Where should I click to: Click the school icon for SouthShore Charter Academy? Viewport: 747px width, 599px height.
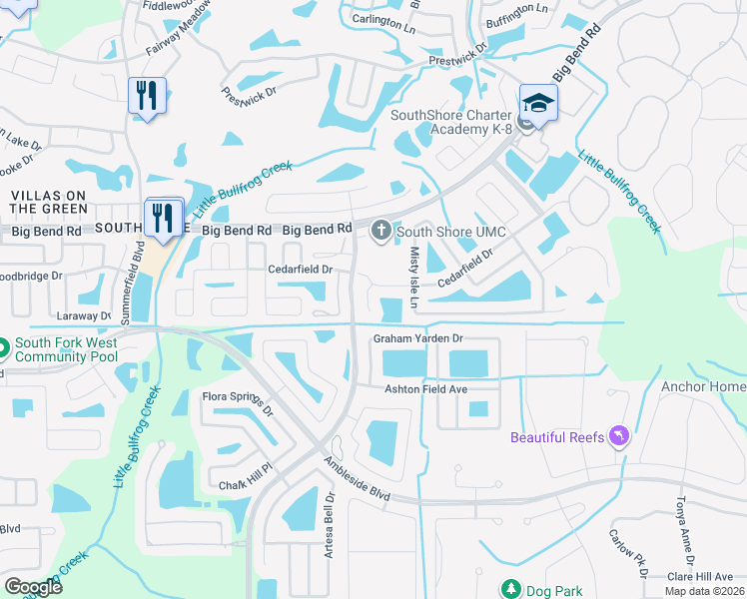[x=538, y=103]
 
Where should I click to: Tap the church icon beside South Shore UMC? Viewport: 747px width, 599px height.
[x=379, y=233]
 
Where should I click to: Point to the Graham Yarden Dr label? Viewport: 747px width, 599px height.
[x=419, y=338]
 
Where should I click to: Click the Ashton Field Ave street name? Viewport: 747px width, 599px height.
[x=426, y=388]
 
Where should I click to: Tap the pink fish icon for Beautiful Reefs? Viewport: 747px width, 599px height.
[x=620, y=437]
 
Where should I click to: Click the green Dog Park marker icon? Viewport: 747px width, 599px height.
[x=511, y=589]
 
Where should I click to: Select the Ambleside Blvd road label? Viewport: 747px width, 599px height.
[x=356, y=478]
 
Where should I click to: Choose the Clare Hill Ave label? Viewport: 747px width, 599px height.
[x=700, y=576]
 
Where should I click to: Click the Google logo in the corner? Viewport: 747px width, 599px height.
[x=33, y=586]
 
